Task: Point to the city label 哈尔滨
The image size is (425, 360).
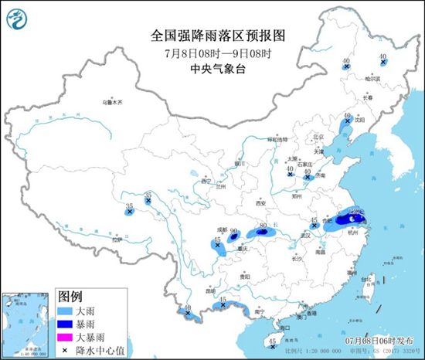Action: click(x=373, y=79)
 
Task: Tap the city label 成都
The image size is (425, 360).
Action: click(x=223, y=229)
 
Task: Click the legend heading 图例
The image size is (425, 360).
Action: click(x=70, y=296)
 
